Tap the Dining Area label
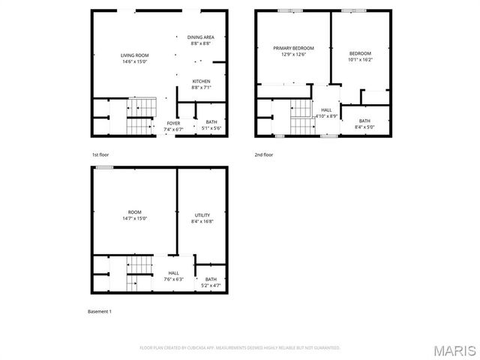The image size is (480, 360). pyautogui.click(x=200, y=40)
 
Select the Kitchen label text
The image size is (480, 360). pyautogui.click(x=200, y=84)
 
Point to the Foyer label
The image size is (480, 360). pyautogui.click(x=173, y=126)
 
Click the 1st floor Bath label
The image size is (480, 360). pyautogui.click(x=211, y=125)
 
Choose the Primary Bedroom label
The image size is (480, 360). pyautogui.click(x=293, y=51)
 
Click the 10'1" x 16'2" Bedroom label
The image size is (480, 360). pyautogui.click(x=360, y=56)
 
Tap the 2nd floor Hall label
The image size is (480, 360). pyautogui.click(x=326, y=113)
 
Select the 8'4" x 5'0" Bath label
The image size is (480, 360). pyautogui.click(x=364, y=124)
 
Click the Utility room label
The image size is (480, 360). pyautogui.click(x=202, y=218)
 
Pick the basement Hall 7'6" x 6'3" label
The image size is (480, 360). pyautogui.click(x=173, y=276)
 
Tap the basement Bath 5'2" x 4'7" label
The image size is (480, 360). pyautogui.click(x=211, y=283)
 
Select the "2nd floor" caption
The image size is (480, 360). pyautogui.click(x=264, y=154)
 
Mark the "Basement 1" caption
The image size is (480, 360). pyautogui.click(x=100, y=310)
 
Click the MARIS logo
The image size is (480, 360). pyautogui.click(x=454, y=350)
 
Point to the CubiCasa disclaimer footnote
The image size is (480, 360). pyautogui.click(x=240, y=348)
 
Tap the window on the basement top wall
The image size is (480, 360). pyautogui.click(x=104, y=167)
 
